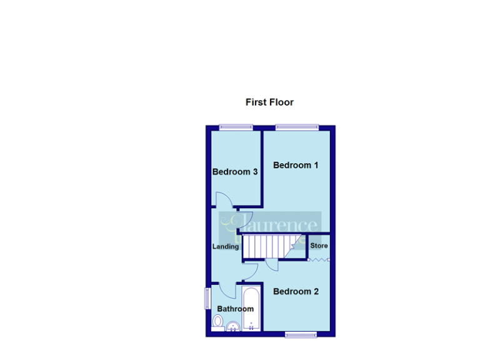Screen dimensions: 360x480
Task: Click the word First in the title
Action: point(256,102)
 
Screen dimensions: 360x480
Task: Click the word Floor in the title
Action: point(281,102)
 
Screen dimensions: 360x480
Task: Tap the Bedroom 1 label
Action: point(296,166)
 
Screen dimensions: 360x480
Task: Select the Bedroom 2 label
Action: point(296,291)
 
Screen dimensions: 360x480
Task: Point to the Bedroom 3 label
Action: point(236,172)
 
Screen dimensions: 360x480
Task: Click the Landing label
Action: point(226,246)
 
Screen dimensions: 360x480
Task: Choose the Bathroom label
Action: point(236,309)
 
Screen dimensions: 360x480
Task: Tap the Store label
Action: point(319,246)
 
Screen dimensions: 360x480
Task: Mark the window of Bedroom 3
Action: point(236,128)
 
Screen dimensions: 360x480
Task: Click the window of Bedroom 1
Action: point(297,128)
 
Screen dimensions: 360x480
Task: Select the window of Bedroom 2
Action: point(302,334)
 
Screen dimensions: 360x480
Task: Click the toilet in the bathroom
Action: point(218,321)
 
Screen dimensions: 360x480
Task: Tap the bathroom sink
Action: point(232,326)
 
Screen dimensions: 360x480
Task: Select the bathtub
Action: point(251,308)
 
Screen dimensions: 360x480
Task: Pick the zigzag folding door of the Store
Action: point(319,256)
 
